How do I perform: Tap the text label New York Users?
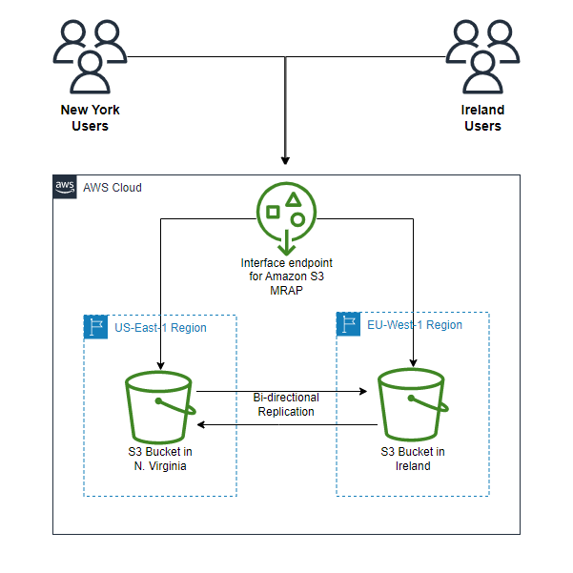(x=90, y=118)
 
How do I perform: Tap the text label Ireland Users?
(x=482, y=118)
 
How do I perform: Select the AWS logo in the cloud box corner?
(x=65, y=187)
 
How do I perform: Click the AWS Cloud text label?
(x=113, y=188)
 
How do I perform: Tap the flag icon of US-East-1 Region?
(x=95, y=327)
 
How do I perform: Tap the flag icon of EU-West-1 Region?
(x=349, y=324)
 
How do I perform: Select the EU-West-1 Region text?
(x=415, y=325)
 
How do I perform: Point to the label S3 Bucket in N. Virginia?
(x=160, y=459)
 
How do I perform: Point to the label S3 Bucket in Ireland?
(x=413, y=459)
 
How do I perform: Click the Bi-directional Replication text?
(x=286, y=404)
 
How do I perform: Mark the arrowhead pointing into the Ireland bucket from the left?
(x=365, y=391)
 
